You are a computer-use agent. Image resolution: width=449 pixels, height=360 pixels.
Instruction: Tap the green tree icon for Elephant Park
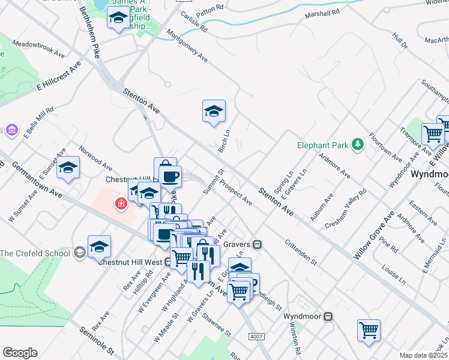tap(358, 144)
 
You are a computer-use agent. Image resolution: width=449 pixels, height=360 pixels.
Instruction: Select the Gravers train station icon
tap(257, 245)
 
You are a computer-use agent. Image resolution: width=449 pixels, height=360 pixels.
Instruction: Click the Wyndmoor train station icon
tap(328, 316)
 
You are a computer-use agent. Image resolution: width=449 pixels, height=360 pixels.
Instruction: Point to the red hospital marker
tap(121, 205)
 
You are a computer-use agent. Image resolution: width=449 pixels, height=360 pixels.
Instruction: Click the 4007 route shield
tap(256, 337)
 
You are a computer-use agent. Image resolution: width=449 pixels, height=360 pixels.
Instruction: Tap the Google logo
tap(20, 353)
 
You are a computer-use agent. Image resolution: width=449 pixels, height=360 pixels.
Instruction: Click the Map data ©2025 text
tap(424, 355)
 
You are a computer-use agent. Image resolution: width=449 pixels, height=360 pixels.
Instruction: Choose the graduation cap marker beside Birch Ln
tap(213, 112)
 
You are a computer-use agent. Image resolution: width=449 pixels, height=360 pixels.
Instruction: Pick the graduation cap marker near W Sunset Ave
tap(68, 169)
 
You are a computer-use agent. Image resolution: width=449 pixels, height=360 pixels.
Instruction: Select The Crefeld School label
tap(35, 253)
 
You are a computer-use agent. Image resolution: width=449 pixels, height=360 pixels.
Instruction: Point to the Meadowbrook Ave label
tap(38, 49)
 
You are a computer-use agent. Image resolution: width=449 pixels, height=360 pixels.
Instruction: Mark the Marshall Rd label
tap(322, 12)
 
